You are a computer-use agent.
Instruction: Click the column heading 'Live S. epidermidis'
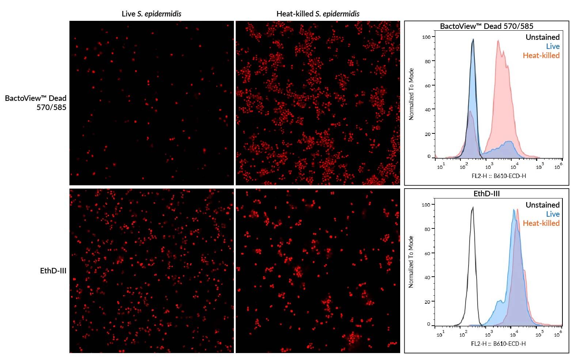[151, 14]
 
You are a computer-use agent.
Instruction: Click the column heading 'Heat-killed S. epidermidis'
[318, 14]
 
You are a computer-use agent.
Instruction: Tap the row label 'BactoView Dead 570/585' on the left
[36, 103]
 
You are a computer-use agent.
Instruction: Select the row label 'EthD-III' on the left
[53, 271]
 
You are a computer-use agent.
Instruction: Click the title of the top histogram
[486, 26]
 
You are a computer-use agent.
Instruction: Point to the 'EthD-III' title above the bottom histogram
[486, 194]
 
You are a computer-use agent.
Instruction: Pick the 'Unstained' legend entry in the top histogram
[542, 37]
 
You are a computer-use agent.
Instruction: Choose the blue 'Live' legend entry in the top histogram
[553, 46]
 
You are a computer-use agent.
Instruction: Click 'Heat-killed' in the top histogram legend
[541, 56]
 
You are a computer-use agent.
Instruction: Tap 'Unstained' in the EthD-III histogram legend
[542, 205]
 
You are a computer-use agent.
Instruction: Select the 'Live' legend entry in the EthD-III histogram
[553, 214]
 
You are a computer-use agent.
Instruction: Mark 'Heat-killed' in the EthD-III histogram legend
[541, 223]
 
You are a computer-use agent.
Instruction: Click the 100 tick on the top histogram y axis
[426, 37]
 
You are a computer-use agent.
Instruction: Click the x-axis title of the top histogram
[498, 176]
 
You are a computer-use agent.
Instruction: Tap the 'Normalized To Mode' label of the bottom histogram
[411, 262]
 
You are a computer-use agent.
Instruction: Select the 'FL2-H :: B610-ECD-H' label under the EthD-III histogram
[498, 344]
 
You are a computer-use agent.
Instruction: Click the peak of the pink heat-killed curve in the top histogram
[498, 41]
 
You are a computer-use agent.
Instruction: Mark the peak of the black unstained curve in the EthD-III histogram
[473, 207]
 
